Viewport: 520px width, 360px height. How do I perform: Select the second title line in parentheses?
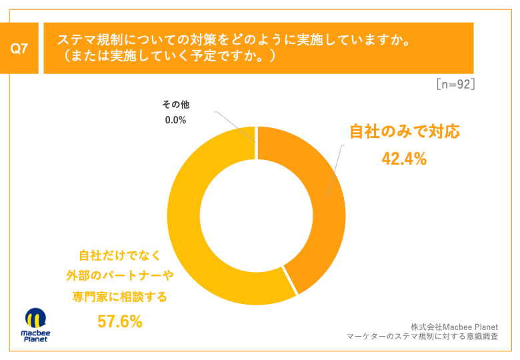[x=166, y=57]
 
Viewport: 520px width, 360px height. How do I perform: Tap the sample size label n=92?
[x=455, y=85]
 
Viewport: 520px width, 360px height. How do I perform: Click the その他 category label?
[x=176, y=105]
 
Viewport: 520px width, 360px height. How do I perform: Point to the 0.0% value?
[x=175, y=120]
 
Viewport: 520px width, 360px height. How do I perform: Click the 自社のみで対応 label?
[x=405, y=132]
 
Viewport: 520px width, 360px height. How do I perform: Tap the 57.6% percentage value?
[x=120, y=321]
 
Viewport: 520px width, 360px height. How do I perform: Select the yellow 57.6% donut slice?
[x=193, y=240]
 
